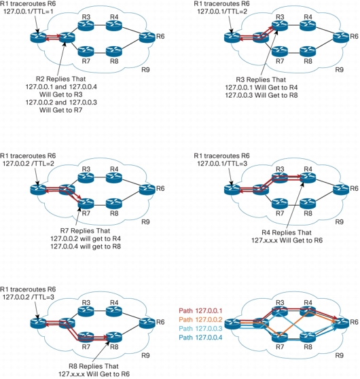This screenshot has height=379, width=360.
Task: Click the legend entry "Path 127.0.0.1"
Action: [x=200, y=311]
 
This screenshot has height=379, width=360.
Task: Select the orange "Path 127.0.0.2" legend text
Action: [x=200, y=320]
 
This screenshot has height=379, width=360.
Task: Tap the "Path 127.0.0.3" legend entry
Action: [x=200, y=329]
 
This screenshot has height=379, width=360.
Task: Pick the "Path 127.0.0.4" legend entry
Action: [x=200, y=338]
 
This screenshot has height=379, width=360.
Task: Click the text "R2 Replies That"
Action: [x=60, y=79]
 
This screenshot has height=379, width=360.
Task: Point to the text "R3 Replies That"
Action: [x=261, y=79]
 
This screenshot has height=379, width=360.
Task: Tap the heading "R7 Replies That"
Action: [x=85, y=231]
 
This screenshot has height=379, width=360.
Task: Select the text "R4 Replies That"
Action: [x=287, y=232]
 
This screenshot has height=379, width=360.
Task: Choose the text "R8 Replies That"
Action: [x=94, y=366]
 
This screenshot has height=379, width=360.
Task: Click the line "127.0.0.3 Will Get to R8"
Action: [x=262, y=95]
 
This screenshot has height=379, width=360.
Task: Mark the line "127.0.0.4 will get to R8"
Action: [x=86, y=247]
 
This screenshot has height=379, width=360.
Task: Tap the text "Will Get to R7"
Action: [x=61, y=110]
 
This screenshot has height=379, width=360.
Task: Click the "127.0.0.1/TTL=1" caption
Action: [x=28, y=12]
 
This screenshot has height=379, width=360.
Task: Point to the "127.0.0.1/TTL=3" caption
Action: [x=222, y=164]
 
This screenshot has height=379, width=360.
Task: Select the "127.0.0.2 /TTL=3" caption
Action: [x=29, y=297]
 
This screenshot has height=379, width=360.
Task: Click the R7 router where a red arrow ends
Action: [x=86, y=203]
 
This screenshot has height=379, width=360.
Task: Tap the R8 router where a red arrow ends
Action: [x=114, y=337]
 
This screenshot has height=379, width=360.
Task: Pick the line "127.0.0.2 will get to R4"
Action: [x=86, y=239]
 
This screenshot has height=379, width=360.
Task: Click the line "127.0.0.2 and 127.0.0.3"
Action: [x=61, y=103]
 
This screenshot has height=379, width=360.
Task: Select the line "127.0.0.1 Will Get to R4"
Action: [x=262, y=88]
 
